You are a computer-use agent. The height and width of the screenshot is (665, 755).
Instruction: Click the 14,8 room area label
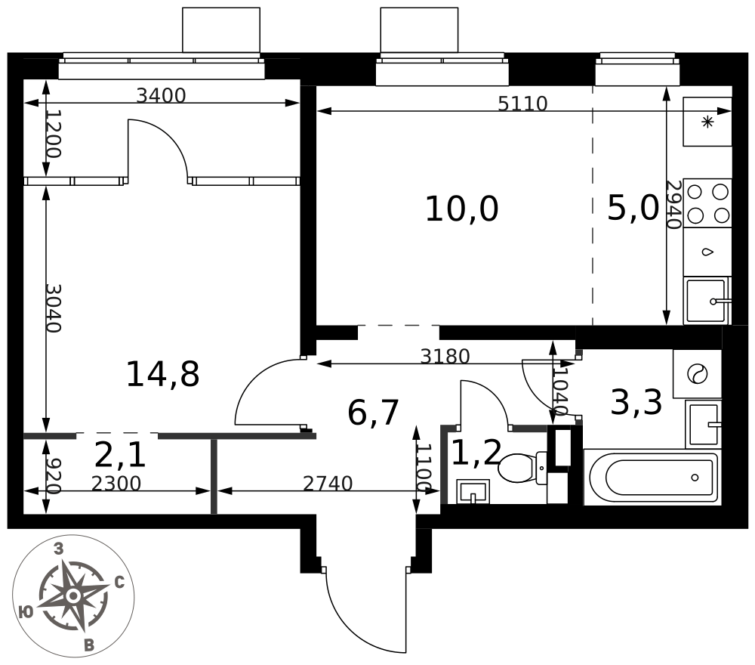pos(163,374)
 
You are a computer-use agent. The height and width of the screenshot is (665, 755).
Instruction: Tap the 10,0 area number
pos(462,209)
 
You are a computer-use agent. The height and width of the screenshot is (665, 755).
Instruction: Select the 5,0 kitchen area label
pos(633,208)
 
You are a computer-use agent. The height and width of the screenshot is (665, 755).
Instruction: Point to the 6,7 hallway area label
pos(373,413)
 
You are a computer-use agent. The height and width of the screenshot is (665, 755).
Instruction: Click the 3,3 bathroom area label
pos(636,402)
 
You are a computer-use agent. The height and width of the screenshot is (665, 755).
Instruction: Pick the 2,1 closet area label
pos(120,456)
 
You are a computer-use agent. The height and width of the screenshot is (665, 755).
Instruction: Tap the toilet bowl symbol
pos(522,468)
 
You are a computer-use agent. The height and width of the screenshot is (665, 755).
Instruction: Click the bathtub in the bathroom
pos(652,477)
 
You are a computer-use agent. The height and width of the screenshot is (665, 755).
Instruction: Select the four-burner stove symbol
pos(707,203)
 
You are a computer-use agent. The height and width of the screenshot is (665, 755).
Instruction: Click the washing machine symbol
pos(697,373)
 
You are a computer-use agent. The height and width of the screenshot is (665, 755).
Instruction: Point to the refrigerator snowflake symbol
pos(707,122)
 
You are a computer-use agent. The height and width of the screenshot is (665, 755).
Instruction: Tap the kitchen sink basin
pos(707,301)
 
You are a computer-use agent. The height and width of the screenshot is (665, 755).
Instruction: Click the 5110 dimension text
pos(522,104)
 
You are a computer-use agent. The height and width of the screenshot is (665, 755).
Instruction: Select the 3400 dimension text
pos(161,95)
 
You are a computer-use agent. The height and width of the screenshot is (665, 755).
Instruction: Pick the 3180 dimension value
pos(445,356)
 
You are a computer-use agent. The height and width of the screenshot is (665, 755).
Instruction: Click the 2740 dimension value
pos(328,484)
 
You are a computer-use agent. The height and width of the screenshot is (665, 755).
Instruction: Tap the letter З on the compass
pos(59,549)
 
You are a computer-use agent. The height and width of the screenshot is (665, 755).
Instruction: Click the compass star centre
pos(73,596)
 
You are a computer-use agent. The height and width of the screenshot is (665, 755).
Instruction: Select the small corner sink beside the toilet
pos(473,491)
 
